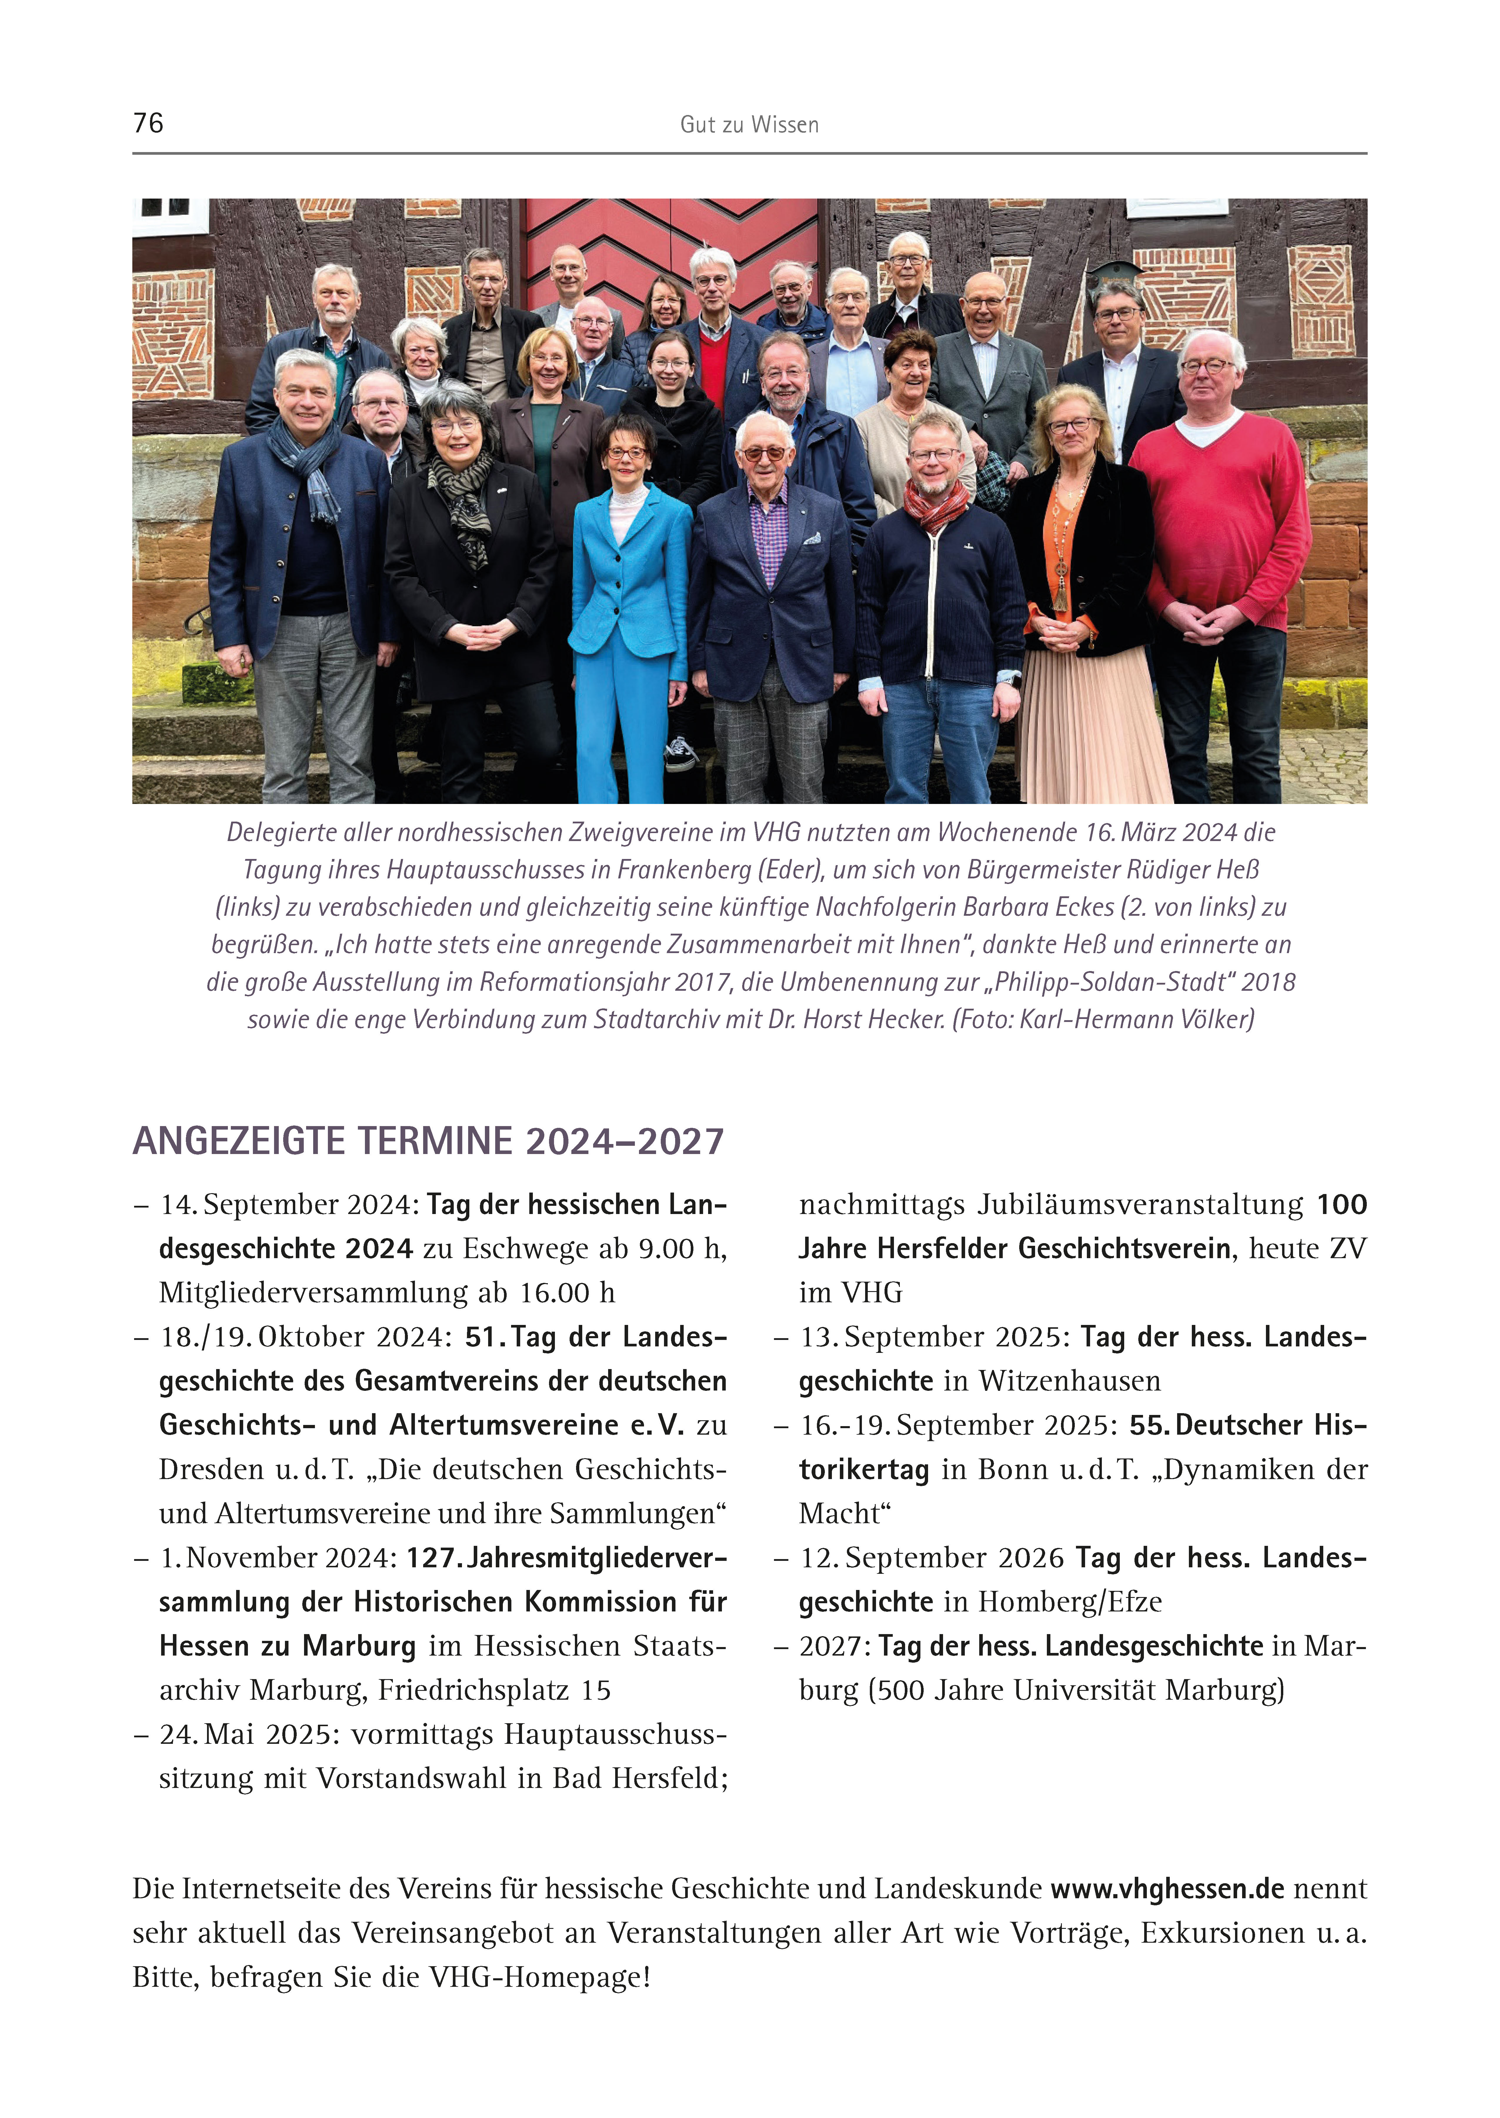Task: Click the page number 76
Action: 149,123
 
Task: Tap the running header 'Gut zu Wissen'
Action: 749,125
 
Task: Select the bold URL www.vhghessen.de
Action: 1167,1889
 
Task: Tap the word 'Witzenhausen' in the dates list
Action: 1069,1381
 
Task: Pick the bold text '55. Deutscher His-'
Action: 1248,1425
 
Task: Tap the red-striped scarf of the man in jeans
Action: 935,504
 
